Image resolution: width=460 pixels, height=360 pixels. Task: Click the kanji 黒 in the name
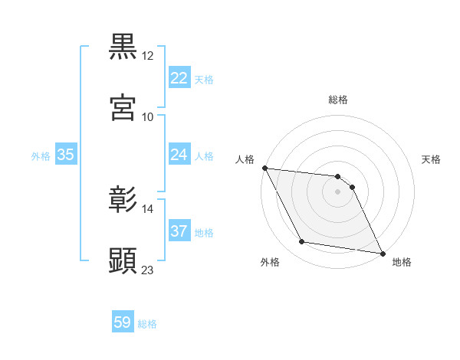pyautogui.click(x=123, y=47)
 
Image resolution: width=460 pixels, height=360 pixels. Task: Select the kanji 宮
pyautogui.click(x=123, y=107)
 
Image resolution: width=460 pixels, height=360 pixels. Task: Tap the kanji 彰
pyautogui.click(x=123, y=199)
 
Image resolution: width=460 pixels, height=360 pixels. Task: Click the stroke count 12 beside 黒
pyautogui.click(x=148, y=56)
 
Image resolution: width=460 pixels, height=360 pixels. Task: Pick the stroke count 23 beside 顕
pyautogui.click(x=148, y=270)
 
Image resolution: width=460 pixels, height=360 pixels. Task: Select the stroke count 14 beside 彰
pyautogui.click(x=148, y=208)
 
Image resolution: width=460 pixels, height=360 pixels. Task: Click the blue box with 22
pyautogui.click(x=179, y=78)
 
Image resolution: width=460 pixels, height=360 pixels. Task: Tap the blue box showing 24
pyautogui.click(x=179, y=155)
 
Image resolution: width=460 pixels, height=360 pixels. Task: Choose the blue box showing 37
pyautogui.click(x=179, y=231)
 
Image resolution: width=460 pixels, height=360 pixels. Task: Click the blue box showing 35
pyautogui.click(x=65, y=155)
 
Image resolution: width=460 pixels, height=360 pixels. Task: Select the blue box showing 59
pyautogui.click(x=122, y=322)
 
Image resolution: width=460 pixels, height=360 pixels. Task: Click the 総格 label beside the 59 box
pyautogui.click(x=147, y=324)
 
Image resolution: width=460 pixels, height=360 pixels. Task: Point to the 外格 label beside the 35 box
pyautogui.click(x=41, y=156)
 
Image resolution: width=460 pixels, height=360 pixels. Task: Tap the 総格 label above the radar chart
pyautogui.click(x=338, y=100)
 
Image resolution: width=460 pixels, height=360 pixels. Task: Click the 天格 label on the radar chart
pyautogui.click(x=432, y=159)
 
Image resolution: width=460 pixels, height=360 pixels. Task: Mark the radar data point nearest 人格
pyautogui.click(x=264, y=168)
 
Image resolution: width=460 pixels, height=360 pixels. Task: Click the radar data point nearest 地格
pyautogui.click(x=382, y=253)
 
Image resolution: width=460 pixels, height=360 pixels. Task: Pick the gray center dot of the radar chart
pyautogui.click(x=338, y=191)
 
